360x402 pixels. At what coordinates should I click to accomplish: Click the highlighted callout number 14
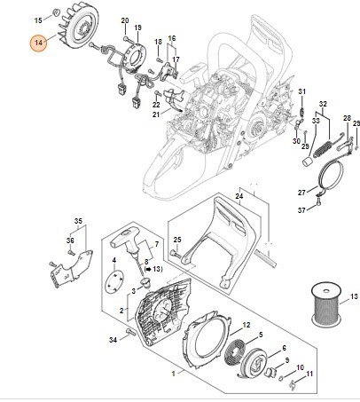[37, 42]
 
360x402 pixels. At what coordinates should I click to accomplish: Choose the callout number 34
[113, 340]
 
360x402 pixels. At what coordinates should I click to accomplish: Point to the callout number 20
[124, 20]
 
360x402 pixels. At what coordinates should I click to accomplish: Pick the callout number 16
[172, 39]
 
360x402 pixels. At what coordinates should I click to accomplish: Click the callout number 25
[177, 240]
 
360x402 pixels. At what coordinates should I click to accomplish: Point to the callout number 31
[301, 91]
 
